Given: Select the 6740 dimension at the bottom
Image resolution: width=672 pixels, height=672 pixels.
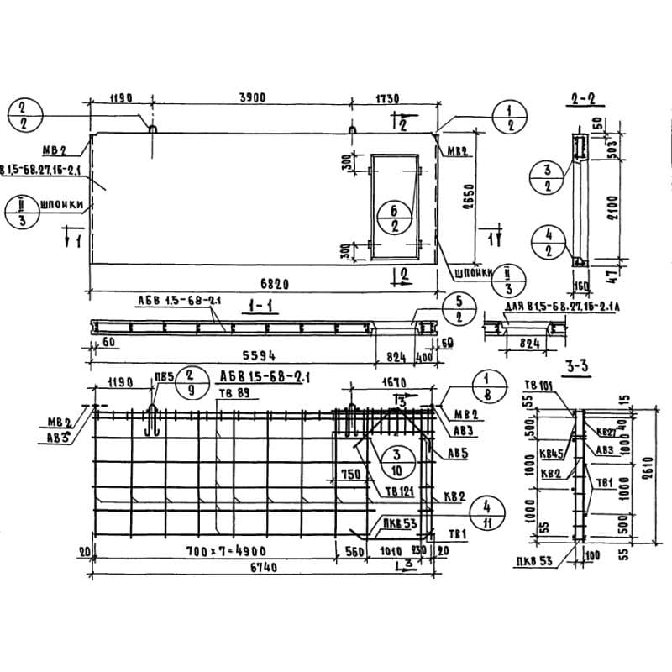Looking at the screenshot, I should click(251, 568).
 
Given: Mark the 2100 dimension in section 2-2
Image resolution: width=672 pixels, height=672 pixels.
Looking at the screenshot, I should click(614, 205).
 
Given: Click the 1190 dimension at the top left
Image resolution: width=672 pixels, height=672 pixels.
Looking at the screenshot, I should click(121, 98).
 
